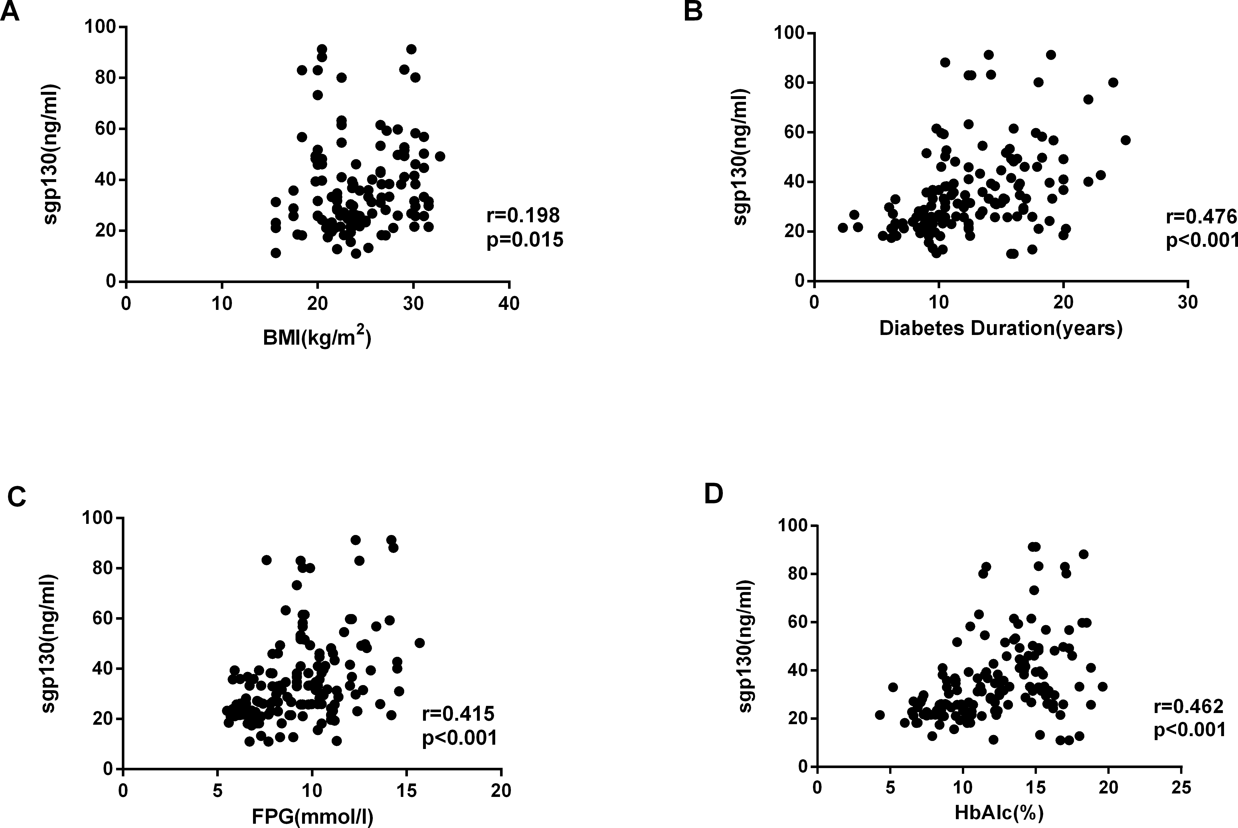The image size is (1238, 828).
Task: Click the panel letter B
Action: pyautogui.click(x=693, y=12)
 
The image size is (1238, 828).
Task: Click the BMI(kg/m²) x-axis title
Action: pyautogui.click(x=317, y=338)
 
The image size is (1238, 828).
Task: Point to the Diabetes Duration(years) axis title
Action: pyautogui.click(x=1000, y=328)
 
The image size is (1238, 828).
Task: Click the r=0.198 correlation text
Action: pyautogui.click(x=523, y=215)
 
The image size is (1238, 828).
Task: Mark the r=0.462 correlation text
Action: pyautogui.click(x=1188, y=706)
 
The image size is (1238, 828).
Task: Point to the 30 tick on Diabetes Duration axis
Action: pyautogui.click(x=1188, y=302)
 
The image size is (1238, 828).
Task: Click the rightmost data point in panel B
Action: pyautogui.click(x=1126, y=140)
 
